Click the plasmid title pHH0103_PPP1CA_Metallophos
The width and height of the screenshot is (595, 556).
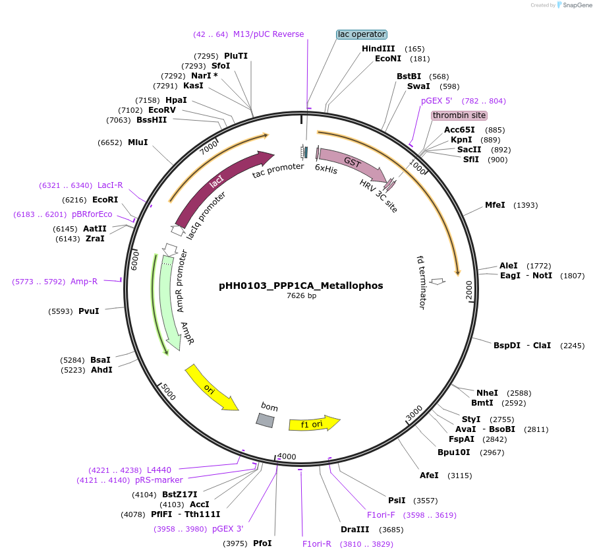tap(300, 286)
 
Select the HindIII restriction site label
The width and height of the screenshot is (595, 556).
tap(378, 49)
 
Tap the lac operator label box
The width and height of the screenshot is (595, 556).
tap(361, 34)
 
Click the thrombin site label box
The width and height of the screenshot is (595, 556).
tap(459, 115)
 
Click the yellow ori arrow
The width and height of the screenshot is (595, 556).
tap(210, 388)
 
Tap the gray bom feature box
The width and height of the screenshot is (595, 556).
tap(265, 419)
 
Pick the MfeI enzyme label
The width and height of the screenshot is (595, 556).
tap(495, 205)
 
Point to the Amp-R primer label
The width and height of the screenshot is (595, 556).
tap(84, 282)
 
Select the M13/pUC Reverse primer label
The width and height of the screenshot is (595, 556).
tap(268, 34)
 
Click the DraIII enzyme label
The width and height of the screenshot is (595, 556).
tap(354, 529)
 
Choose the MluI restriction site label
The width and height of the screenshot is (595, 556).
tap(138, 142)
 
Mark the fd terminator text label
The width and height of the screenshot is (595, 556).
tap(422, 282)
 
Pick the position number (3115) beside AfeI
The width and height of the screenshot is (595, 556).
tap(459, 476)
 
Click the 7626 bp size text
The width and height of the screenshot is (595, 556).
tap(301, 296)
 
